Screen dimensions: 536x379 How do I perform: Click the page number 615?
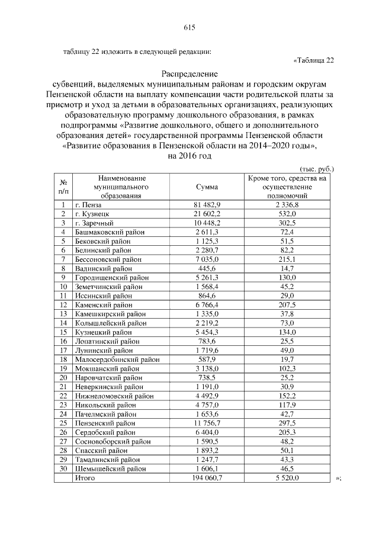[x=189, y=27]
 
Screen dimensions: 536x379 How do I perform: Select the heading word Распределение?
[x=189, y=75]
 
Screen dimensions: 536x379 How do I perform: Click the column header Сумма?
[x=207, y=187]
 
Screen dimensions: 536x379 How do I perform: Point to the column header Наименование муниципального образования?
[x=123, y=187]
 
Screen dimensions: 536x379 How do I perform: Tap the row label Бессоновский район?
[x=108, y=259]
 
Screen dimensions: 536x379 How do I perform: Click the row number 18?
[x=63, y=359]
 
